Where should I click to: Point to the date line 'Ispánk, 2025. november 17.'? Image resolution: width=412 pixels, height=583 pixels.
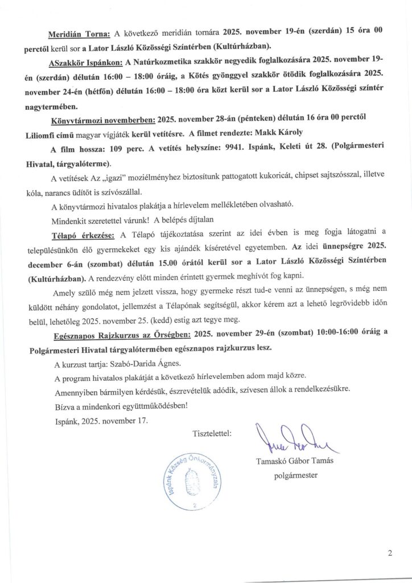point(98,421)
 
